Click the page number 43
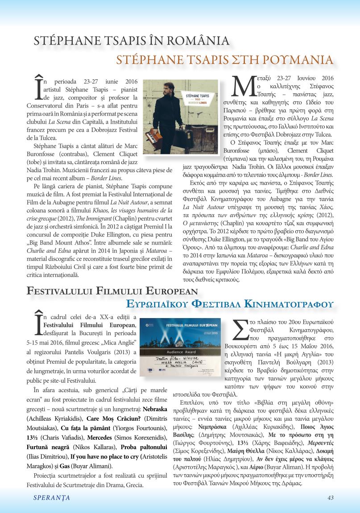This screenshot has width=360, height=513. pos(331,497)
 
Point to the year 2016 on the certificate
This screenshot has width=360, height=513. pos(217,333)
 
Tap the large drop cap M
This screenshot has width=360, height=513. pos(244,87)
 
